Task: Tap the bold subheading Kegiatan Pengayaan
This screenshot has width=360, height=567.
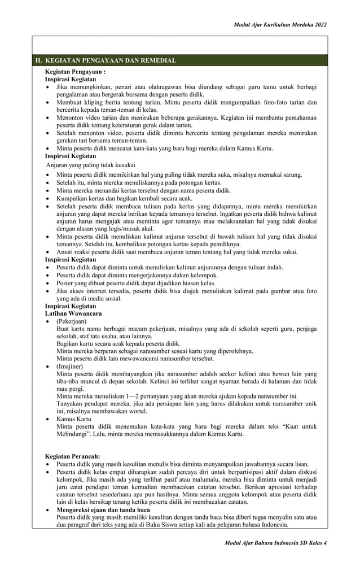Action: click(x=75, y=72)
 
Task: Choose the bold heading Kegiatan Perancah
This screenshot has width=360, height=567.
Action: click(x=72, y=456)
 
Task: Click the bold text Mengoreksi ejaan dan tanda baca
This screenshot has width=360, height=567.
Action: click(x=103, y=510)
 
